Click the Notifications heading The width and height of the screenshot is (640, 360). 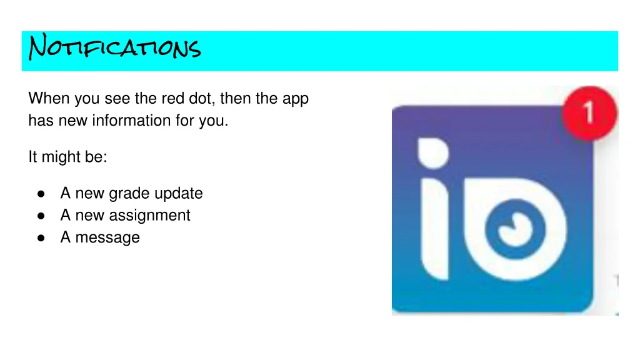point(115,47)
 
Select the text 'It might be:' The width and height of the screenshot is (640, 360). point(67,157)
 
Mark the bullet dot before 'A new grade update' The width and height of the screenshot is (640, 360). point(41,194)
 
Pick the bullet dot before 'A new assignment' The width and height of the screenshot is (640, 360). point(41,216)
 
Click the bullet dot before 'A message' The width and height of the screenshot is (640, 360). point(41,238)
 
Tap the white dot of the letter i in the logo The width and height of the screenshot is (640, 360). point(432,152)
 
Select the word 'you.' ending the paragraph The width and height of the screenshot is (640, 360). point(214,120)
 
